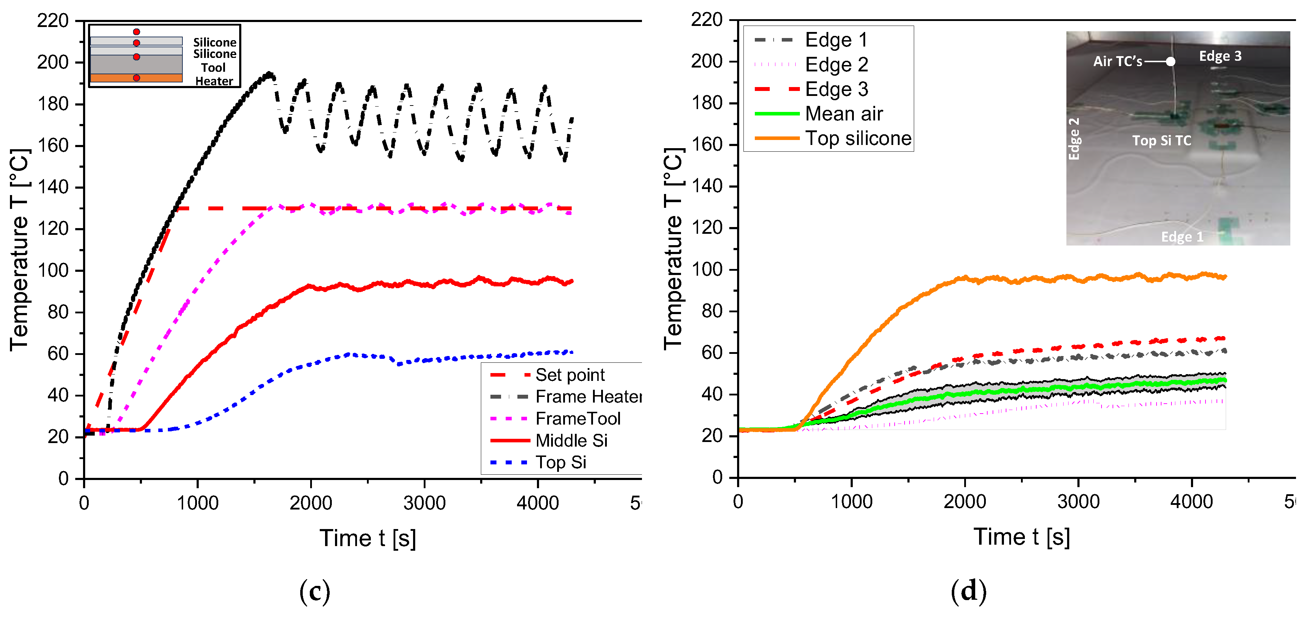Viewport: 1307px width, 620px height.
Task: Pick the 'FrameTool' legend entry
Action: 578,419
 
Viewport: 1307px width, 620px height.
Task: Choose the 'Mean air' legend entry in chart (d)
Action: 844,114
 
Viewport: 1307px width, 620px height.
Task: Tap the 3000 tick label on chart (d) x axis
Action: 1078,502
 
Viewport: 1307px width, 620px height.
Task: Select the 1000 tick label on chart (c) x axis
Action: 197,503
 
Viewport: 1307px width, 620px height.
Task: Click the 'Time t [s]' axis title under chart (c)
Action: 367,538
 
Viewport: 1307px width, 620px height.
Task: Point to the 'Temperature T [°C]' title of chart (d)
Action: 673,249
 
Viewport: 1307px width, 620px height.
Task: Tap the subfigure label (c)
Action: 314,591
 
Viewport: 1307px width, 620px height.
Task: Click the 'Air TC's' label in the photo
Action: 1117,61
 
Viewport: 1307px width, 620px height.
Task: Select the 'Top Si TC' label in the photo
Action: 1162,141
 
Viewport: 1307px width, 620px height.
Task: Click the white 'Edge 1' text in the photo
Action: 1182,237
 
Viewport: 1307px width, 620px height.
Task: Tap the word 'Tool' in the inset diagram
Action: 213,68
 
